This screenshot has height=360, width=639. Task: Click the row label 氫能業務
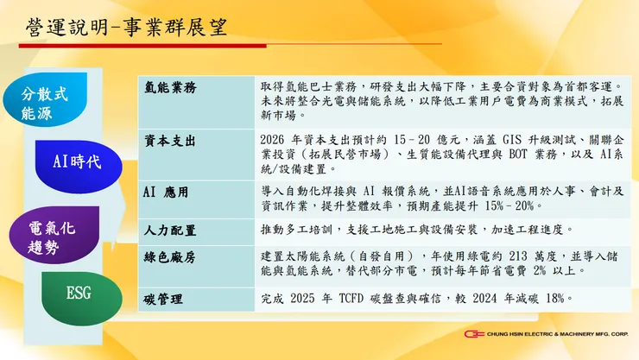tap(169, 88)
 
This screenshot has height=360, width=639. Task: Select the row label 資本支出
tap(169, 140)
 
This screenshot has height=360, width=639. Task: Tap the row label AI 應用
tap(165, 191)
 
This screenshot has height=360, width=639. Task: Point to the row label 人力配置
tap(169, 231)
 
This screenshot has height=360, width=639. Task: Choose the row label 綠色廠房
tap(169, 256)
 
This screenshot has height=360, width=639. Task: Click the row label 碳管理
tap(163, 300)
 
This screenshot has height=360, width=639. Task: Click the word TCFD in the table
tap(368, 300)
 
